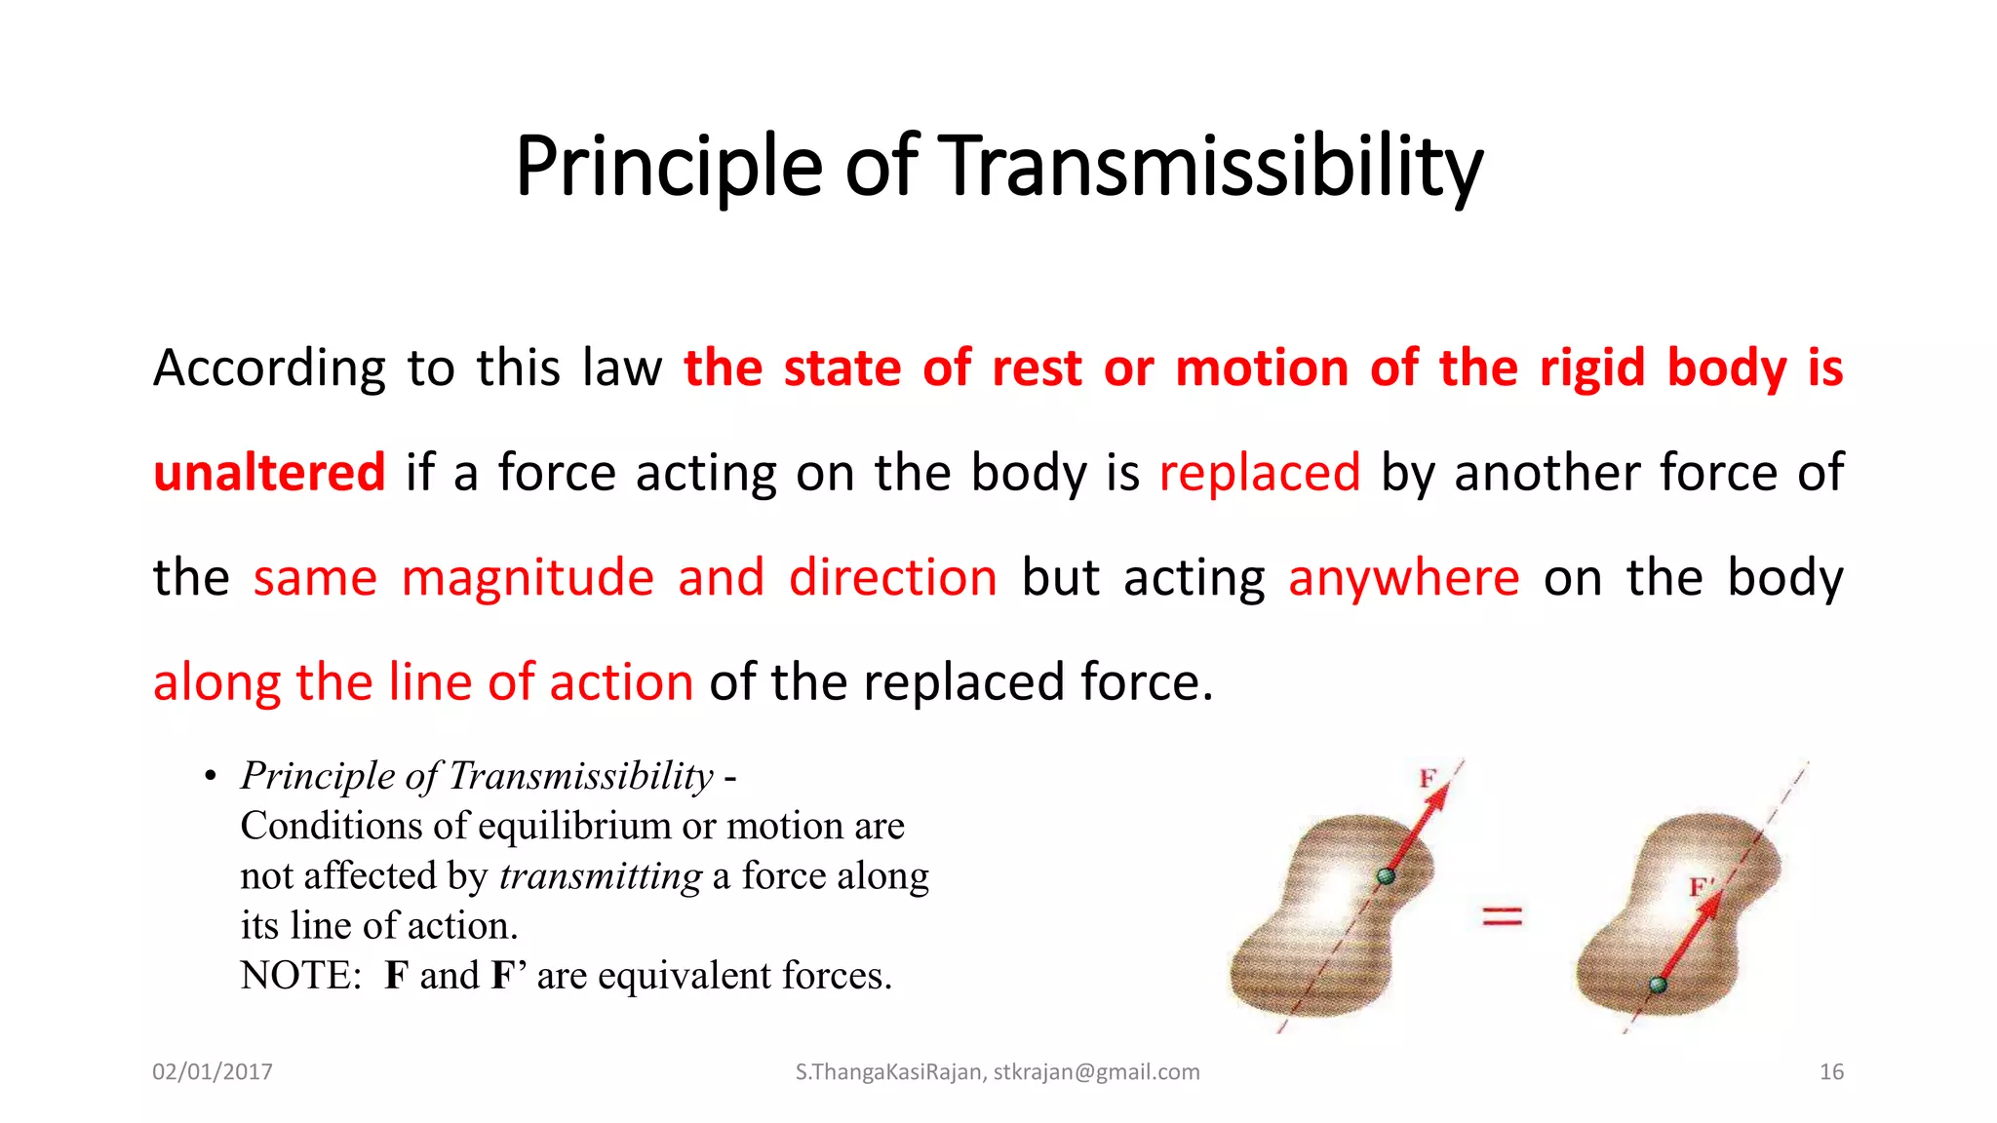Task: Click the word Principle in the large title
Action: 669,168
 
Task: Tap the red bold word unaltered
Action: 269,473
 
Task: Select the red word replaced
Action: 1259,473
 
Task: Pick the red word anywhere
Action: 1403,577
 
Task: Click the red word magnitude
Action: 528,577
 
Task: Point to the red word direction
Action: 893,577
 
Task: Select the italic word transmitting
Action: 600,876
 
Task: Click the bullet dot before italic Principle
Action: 210,777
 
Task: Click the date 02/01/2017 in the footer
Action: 213,1072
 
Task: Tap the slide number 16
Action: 1831,1072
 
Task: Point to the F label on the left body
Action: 1428,778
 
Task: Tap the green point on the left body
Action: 1386,875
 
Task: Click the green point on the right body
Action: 1658,985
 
